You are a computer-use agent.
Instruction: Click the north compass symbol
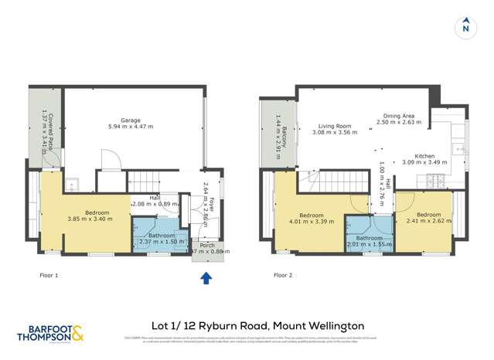(465, 28)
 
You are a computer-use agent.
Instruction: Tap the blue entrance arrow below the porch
(206, 277)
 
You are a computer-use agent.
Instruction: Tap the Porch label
(207, 245)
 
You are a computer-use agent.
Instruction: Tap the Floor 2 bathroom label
(370, 237)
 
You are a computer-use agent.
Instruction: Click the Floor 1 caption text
(49, 274)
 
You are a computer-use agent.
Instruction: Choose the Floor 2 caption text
(284, 274)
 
